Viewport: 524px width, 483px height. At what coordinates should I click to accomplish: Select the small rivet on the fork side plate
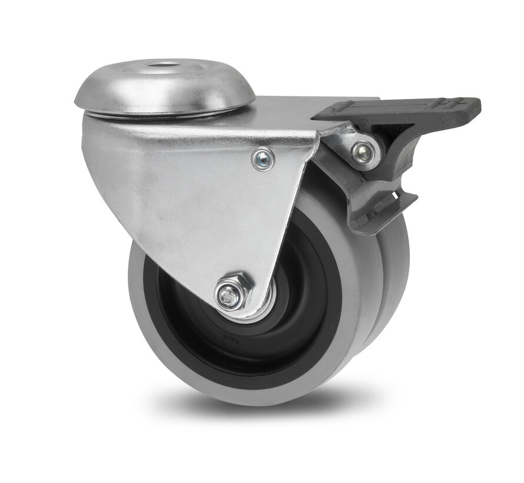click(262, 158)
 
